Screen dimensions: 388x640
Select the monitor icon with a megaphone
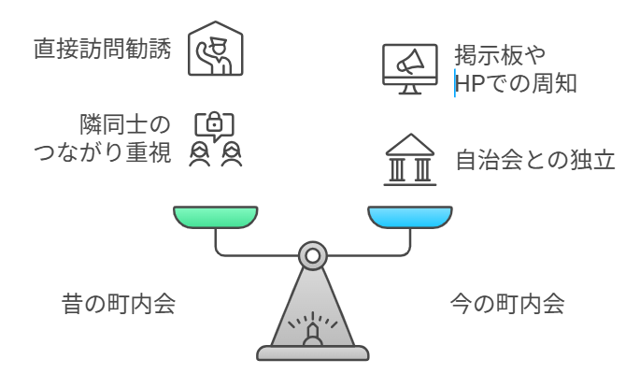pos(408,67)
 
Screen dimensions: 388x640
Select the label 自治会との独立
pos(533,159)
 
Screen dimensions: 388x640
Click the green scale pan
pos(216,218)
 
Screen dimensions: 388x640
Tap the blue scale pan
pos(408,218)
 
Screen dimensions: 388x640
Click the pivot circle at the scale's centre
pos(312,254)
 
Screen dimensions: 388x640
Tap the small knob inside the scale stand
pos(312,334)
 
